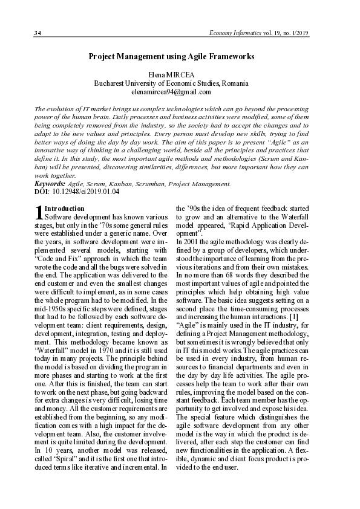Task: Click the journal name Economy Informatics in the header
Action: (x=234, y=32)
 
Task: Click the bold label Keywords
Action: (x=50, y=183)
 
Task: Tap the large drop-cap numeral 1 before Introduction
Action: (x=39, y=213)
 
